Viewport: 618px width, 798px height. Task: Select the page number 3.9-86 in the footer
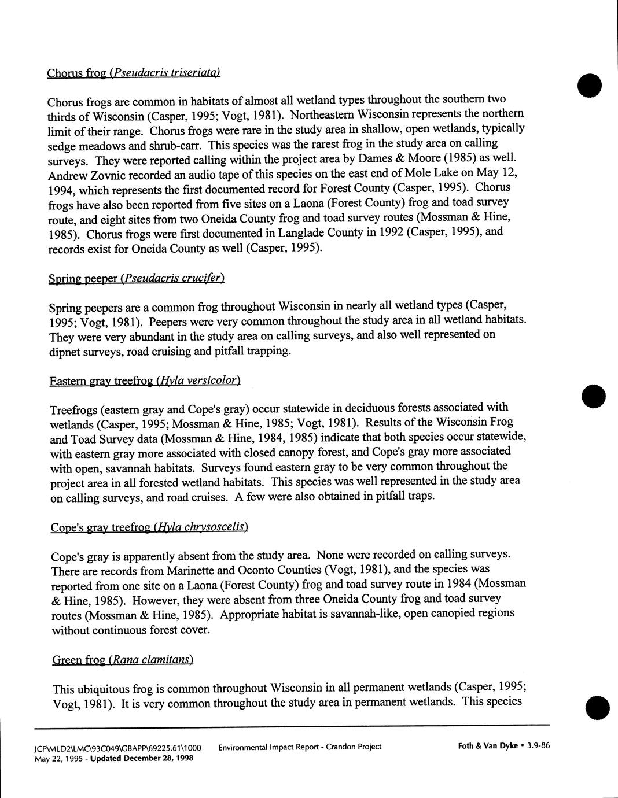click(538, 745)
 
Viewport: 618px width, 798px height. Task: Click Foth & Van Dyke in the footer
click(487, 745)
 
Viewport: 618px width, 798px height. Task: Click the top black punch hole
click(590, 86)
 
